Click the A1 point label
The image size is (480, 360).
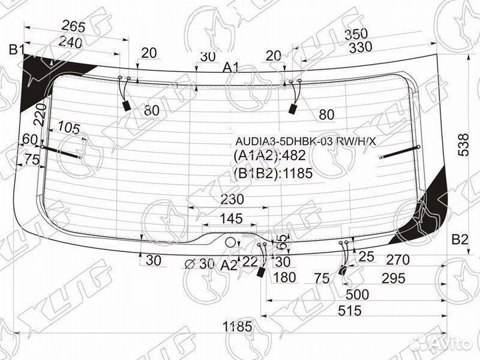pyautogui.click(x=231, y=67)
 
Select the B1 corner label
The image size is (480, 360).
pyautogui.click(x=16, y=49)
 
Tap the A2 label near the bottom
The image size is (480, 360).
pyautogui.click(x=229, y=265)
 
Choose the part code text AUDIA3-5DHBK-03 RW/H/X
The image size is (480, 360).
pyautogui.click(x=305, y=141)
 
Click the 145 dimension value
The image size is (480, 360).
pyautogui.click(x=231, y=219)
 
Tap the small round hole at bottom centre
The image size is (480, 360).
pyautogui.click(x=230, y=243)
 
